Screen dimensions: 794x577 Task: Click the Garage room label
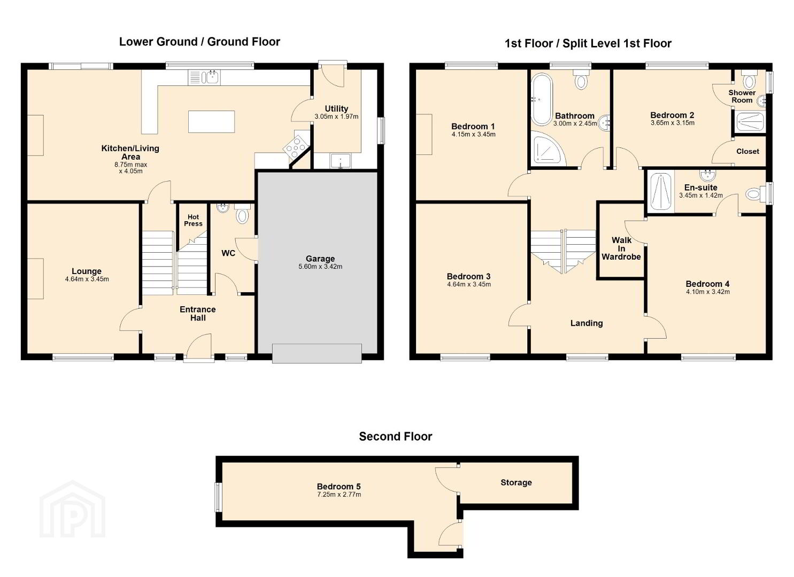pos(320,259)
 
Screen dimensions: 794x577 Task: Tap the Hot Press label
pos(193,220)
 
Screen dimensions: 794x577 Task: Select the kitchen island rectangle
pos(212,121)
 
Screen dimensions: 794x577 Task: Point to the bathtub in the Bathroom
pos(542,99)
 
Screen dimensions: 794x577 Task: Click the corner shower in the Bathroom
pos(548,149)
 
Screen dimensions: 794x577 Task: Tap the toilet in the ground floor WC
pos(242,213)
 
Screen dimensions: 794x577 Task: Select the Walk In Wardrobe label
pos(621,248)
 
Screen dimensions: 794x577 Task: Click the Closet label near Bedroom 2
pos(747,151)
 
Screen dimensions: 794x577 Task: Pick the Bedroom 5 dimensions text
pos(339,495)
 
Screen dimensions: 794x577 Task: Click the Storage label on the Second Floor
pos(516,482)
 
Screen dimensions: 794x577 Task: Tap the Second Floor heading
pos(396,436)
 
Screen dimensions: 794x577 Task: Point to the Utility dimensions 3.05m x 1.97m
pos(336,116)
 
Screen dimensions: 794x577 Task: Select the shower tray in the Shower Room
pos(749,122)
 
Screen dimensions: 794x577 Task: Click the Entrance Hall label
pos(197,314)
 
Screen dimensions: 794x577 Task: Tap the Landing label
pos(587,323)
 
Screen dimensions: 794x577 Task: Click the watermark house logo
pos(72,509)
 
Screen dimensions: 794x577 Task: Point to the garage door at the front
pos(317,353)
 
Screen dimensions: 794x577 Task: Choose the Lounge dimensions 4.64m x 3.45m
pos(87,279)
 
